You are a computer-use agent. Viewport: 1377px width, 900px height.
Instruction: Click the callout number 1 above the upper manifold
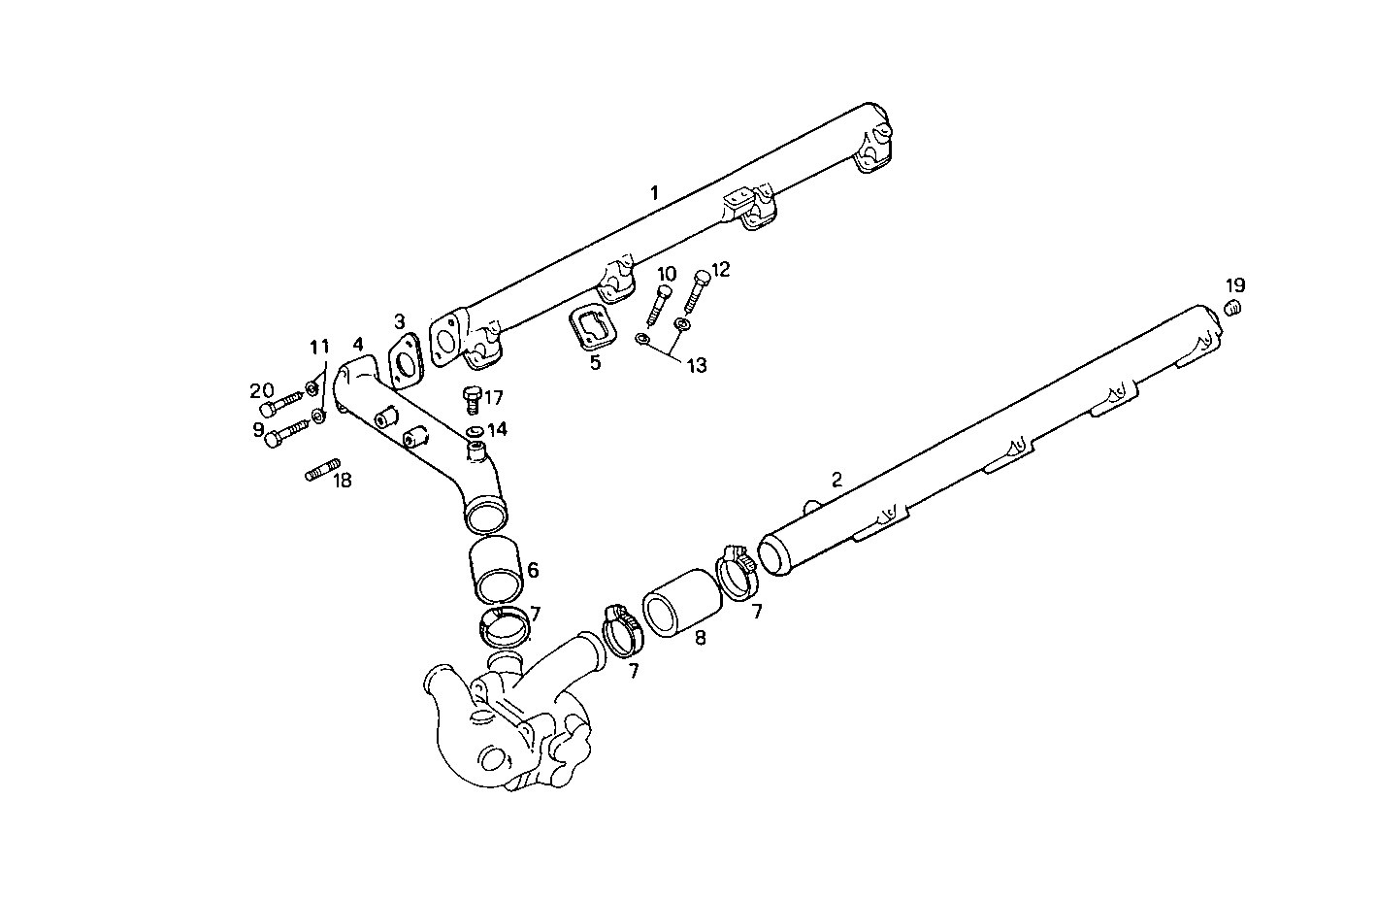tap(654, 193)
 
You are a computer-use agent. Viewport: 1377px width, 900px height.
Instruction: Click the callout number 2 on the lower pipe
tap(836, 479)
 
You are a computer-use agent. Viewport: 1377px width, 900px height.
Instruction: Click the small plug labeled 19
tap(1233, 309)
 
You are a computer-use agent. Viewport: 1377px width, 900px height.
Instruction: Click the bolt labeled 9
tap(284, 435)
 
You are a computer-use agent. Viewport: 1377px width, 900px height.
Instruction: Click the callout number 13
tap(696, 365)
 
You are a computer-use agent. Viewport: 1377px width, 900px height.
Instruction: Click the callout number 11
tap(319, 347)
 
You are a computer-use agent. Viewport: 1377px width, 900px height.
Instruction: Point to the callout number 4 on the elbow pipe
tap(358, 345)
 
